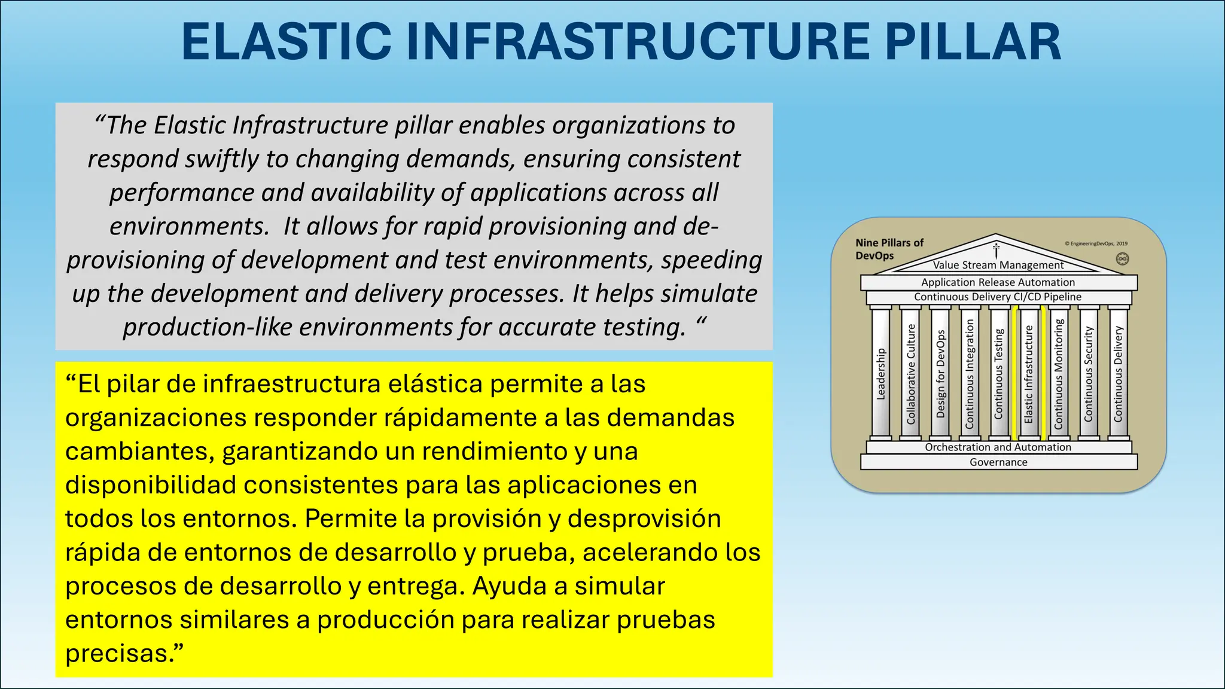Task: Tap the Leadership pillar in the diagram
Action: click(880, 374)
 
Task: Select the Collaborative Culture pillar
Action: click(910, 374)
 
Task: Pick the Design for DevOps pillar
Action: click(940, 374)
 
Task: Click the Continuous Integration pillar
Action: click(970, 374)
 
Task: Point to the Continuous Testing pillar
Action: click(999, 374)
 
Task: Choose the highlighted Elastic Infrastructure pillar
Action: click(1029, 374)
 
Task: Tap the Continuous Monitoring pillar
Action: click(1059, 374)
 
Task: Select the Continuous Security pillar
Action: click(1089, 374)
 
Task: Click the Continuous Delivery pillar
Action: click(1118, 374)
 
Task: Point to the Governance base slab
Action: click(998, 462)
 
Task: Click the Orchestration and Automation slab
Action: click(998, 447)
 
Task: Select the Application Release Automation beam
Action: click(998, 282)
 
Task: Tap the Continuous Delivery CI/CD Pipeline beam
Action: click(998, 297)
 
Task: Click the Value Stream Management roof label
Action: click(998, 265)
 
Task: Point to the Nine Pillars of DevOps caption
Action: click(889, 249)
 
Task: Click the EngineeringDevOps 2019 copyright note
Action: click(1096, 243)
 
